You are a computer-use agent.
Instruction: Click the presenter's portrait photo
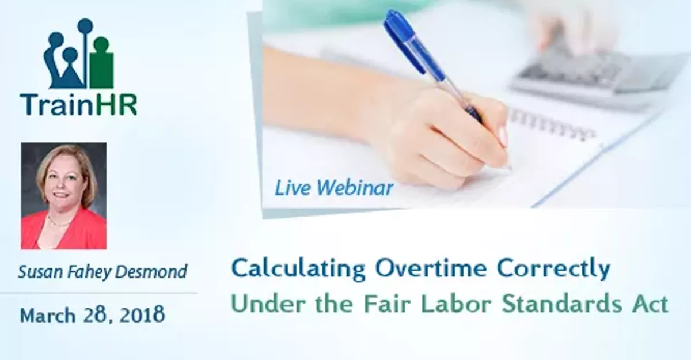coord(63,196)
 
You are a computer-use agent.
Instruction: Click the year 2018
coord(142,314)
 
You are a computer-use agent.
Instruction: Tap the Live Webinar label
coord(334,187)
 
